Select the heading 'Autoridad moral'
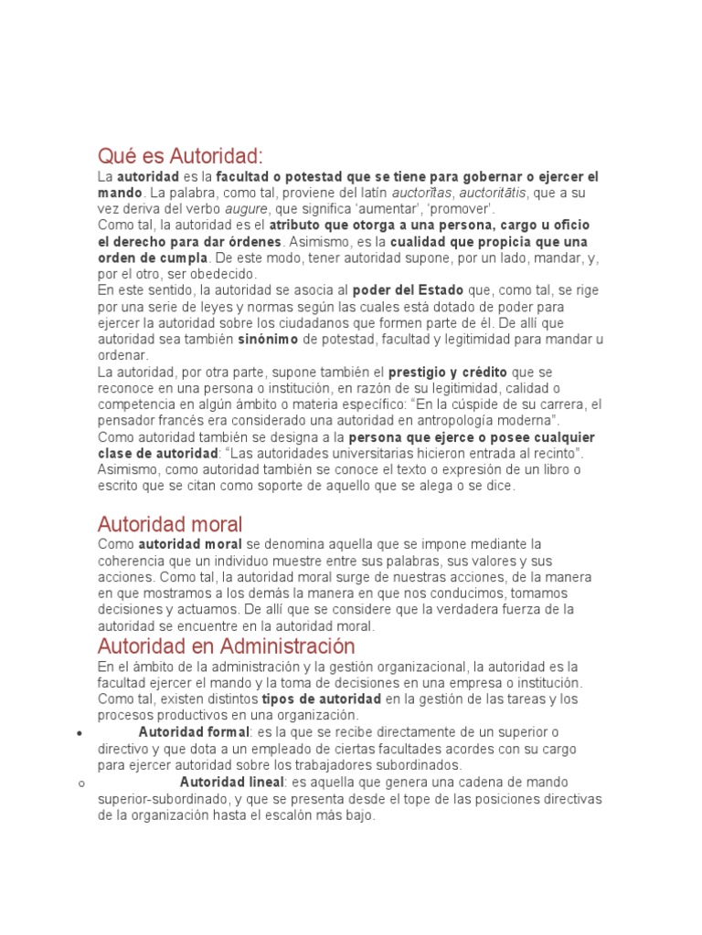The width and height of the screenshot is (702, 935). [x=170, y=524]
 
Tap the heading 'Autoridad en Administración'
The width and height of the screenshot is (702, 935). [x=226, y=646]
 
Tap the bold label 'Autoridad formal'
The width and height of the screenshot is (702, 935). [x=193, y=732]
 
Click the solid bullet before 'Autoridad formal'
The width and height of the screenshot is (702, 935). [x=81, y=733]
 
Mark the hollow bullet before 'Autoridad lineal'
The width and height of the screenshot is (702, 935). [x=81, y=783]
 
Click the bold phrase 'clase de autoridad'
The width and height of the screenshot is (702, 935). [x=158, y=454]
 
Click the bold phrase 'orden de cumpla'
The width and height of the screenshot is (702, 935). [x=153, y=257]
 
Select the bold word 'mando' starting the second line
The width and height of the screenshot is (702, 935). [x=120, y=193]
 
